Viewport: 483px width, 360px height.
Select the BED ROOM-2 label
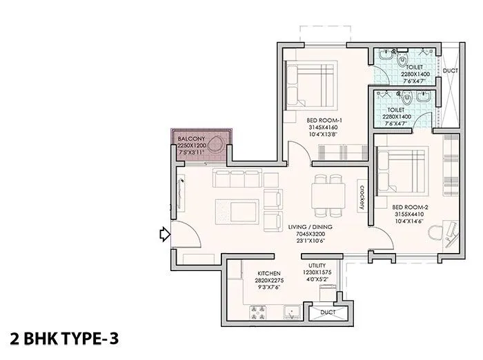pos(411,207)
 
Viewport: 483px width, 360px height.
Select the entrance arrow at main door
pos(164,236)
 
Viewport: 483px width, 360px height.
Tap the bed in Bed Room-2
pos(402,172)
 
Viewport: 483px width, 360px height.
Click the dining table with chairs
pos(328,194)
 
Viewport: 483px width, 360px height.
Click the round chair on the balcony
pos(217,148)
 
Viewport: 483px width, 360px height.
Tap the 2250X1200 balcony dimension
pos(190,146)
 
